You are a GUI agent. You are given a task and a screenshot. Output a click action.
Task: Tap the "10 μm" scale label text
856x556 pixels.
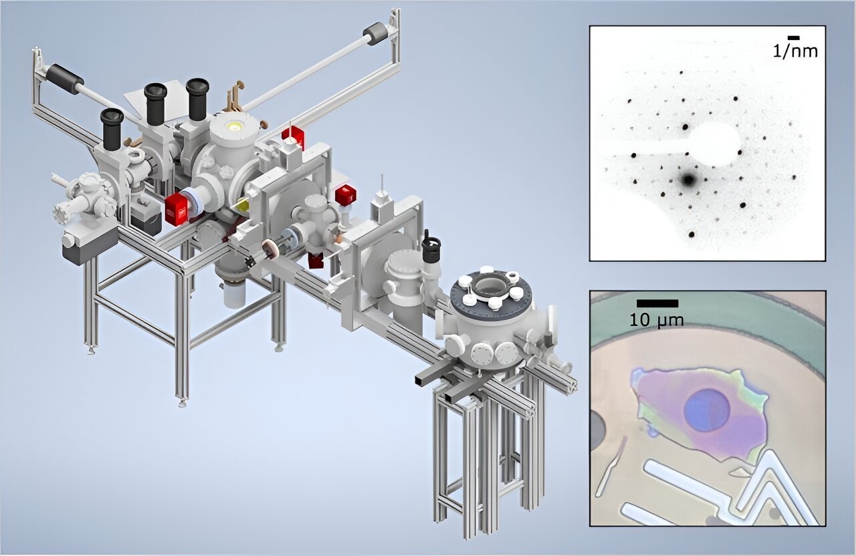click(x=657, y=320)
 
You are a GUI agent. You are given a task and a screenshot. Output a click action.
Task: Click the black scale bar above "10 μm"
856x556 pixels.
click(x=657, y=303)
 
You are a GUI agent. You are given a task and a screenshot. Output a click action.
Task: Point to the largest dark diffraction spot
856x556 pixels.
click(x=689, y=179)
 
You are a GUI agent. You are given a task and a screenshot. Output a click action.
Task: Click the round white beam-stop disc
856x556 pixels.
click(x=714, y=145)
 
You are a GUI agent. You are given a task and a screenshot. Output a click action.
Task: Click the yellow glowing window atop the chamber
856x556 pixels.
click(x=234, y=126)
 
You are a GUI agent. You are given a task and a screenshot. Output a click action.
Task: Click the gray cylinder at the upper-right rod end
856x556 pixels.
click(x=375, y=33)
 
